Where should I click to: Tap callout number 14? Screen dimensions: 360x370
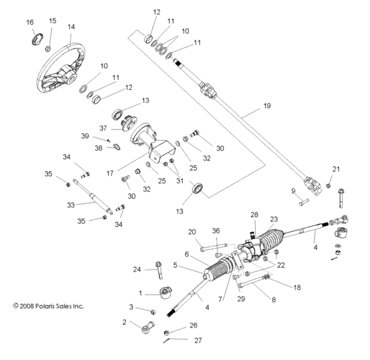click(x=71, y=26)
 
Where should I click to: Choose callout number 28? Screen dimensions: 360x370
click(x=254, y=214)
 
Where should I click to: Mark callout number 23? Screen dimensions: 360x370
click(x=274, y=219)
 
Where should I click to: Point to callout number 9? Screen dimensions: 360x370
click(x=293, y=192)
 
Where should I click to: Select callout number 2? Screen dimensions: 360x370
click(x=124, y=322)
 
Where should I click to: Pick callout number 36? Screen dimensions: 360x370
click(x=215, y=231)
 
